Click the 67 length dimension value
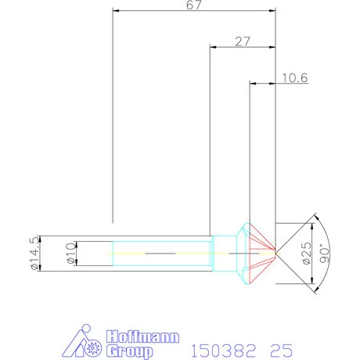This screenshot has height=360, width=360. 194,5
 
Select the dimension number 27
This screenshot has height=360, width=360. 242,40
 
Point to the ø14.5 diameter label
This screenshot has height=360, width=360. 34,253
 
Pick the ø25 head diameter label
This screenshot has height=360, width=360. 304,253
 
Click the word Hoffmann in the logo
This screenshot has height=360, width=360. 142,337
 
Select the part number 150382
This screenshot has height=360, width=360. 221,345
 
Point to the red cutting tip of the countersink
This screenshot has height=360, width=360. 263,252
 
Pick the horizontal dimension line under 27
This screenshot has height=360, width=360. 243,47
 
